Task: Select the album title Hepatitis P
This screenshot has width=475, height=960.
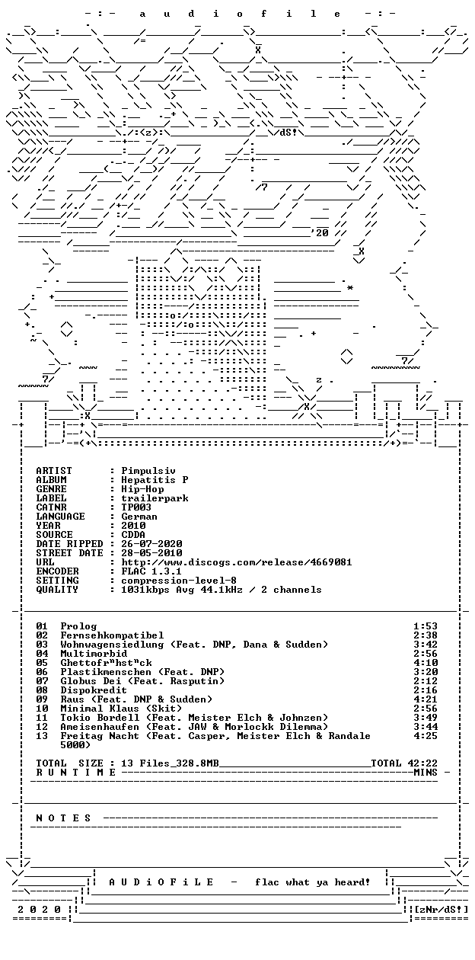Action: [155, 480]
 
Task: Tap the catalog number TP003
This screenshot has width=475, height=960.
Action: [136, 507]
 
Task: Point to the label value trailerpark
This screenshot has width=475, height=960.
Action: [155, 498]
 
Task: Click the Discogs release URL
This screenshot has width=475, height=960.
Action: [237, 562]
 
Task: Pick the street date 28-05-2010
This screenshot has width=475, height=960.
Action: [151, 553]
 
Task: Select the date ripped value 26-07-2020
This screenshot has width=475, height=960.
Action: [151, 544]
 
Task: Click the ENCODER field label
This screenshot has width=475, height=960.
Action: [57, 571]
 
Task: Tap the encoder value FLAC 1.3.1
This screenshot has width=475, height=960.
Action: [151, 571]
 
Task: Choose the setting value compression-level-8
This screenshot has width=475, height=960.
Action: [179, 581]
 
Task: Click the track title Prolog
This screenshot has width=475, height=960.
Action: [78, 626]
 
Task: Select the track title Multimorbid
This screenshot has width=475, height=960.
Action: [94, 654]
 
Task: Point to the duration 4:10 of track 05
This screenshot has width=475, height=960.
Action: [426, 663]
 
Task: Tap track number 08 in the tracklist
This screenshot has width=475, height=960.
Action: [42, 690]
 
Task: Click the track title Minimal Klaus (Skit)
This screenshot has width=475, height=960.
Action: [121, 709]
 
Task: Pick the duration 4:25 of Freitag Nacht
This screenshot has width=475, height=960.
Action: [426, 736]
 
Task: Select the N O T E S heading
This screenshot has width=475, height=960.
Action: [63, 818]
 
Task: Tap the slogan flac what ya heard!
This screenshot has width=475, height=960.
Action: [313, 882]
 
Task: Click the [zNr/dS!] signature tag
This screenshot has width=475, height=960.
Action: [442, 910]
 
